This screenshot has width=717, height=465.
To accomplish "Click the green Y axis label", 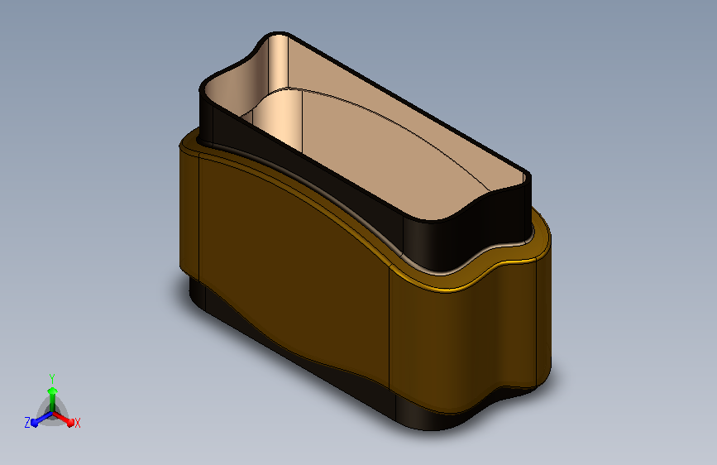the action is click(x=52, y=379).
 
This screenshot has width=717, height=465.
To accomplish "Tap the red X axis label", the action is click(x=77, y=423).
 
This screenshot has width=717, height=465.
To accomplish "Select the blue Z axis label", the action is click(x=27, y=423).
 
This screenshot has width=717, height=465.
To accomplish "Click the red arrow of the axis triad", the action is click(x=63, y=419).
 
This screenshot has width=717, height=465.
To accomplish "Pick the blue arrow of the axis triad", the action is click(x=42, y=419).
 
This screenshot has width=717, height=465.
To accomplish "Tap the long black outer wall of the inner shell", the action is click(x=306, y=179).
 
